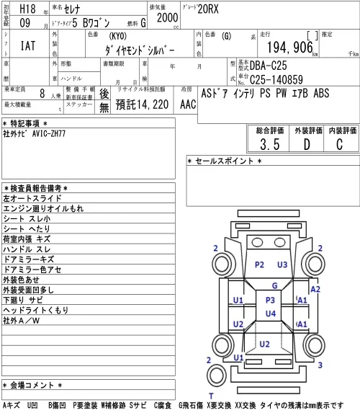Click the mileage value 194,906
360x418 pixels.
tap(289, 48)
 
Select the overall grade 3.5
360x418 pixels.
tap(270, 144)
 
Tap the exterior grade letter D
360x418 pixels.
tap(307, 144)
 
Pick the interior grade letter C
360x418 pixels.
tap(339, 144)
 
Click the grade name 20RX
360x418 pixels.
tap(208, 9)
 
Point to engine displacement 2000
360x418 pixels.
tap(167, 17)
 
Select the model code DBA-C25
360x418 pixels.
tap(268, 66)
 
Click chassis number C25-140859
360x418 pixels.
tap(276, 79)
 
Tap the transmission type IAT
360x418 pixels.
tap(28, 45)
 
